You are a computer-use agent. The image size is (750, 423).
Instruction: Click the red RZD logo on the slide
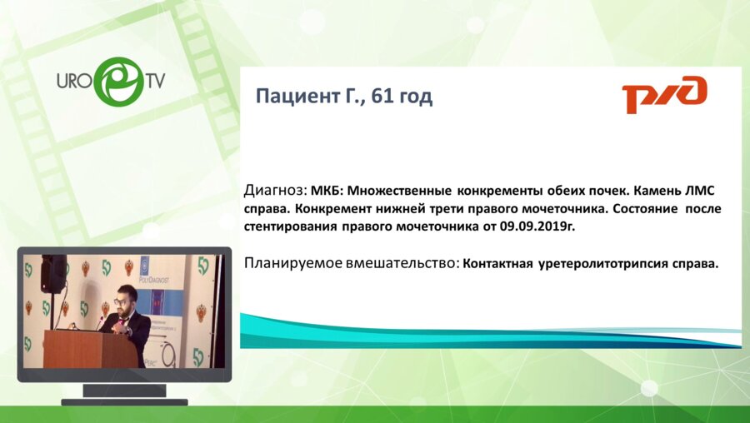coord(664,94)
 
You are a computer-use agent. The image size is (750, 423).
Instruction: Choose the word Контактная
coord(500,264)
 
